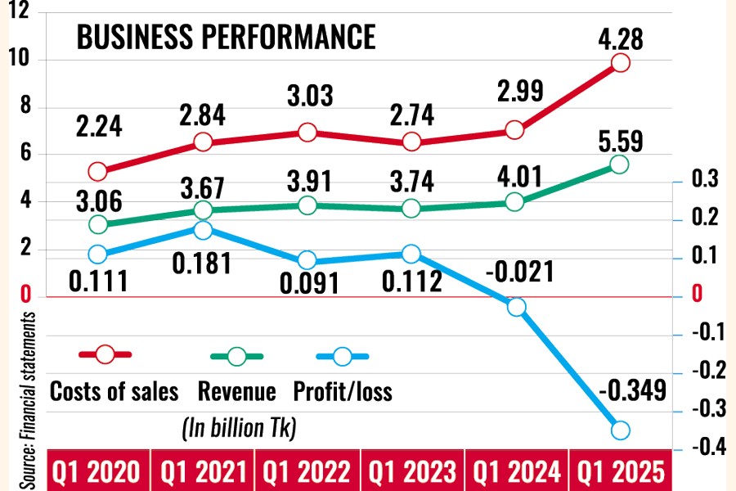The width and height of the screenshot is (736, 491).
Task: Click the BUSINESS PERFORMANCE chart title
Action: pyautogui.click(x=226, y=38)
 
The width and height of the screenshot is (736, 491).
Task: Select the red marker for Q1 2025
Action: pyautogui.click(x=620, y=63)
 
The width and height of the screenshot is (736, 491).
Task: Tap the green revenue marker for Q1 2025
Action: pyautogui.click(x=620, y=164)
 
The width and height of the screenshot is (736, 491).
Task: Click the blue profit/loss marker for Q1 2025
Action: pyautogui.click(x=620, y=430)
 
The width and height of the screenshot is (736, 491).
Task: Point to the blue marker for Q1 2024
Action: pyautogui.click(x=516, y=307)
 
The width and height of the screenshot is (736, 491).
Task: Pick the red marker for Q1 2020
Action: pyautogui.click(x=98, y=171)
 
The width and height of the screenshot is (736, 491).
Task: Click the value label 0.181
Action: pyautogui.click(x=200, y=264)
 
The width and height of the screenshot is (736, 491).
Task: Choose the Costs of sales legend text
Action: pyautogui.click(x=114, y=392)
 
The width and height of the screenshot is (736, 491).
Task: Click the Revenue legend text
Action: pyautogui.click(x=237, y=392)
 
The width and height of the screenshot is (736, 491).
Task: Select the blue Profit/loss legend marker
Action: pyautogui.click(x=343, y=356)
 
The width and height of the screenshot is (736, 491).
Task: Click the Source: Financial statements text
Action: pyautogui.click(x=27, y=399)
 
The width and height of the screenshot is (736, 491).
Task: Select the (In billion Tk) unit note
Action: pyautogui.click(x=236, y=426)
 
